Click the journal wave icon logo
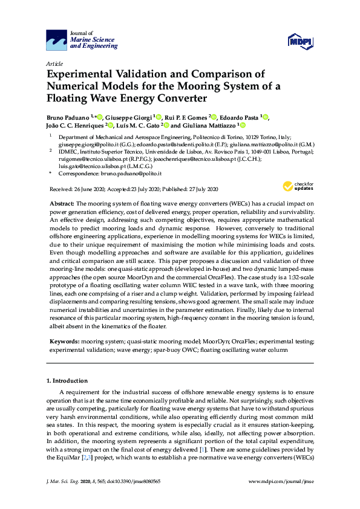point(57,41)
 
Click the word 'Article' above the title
point(54,63)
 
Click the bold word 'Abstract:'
point(62,204)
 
